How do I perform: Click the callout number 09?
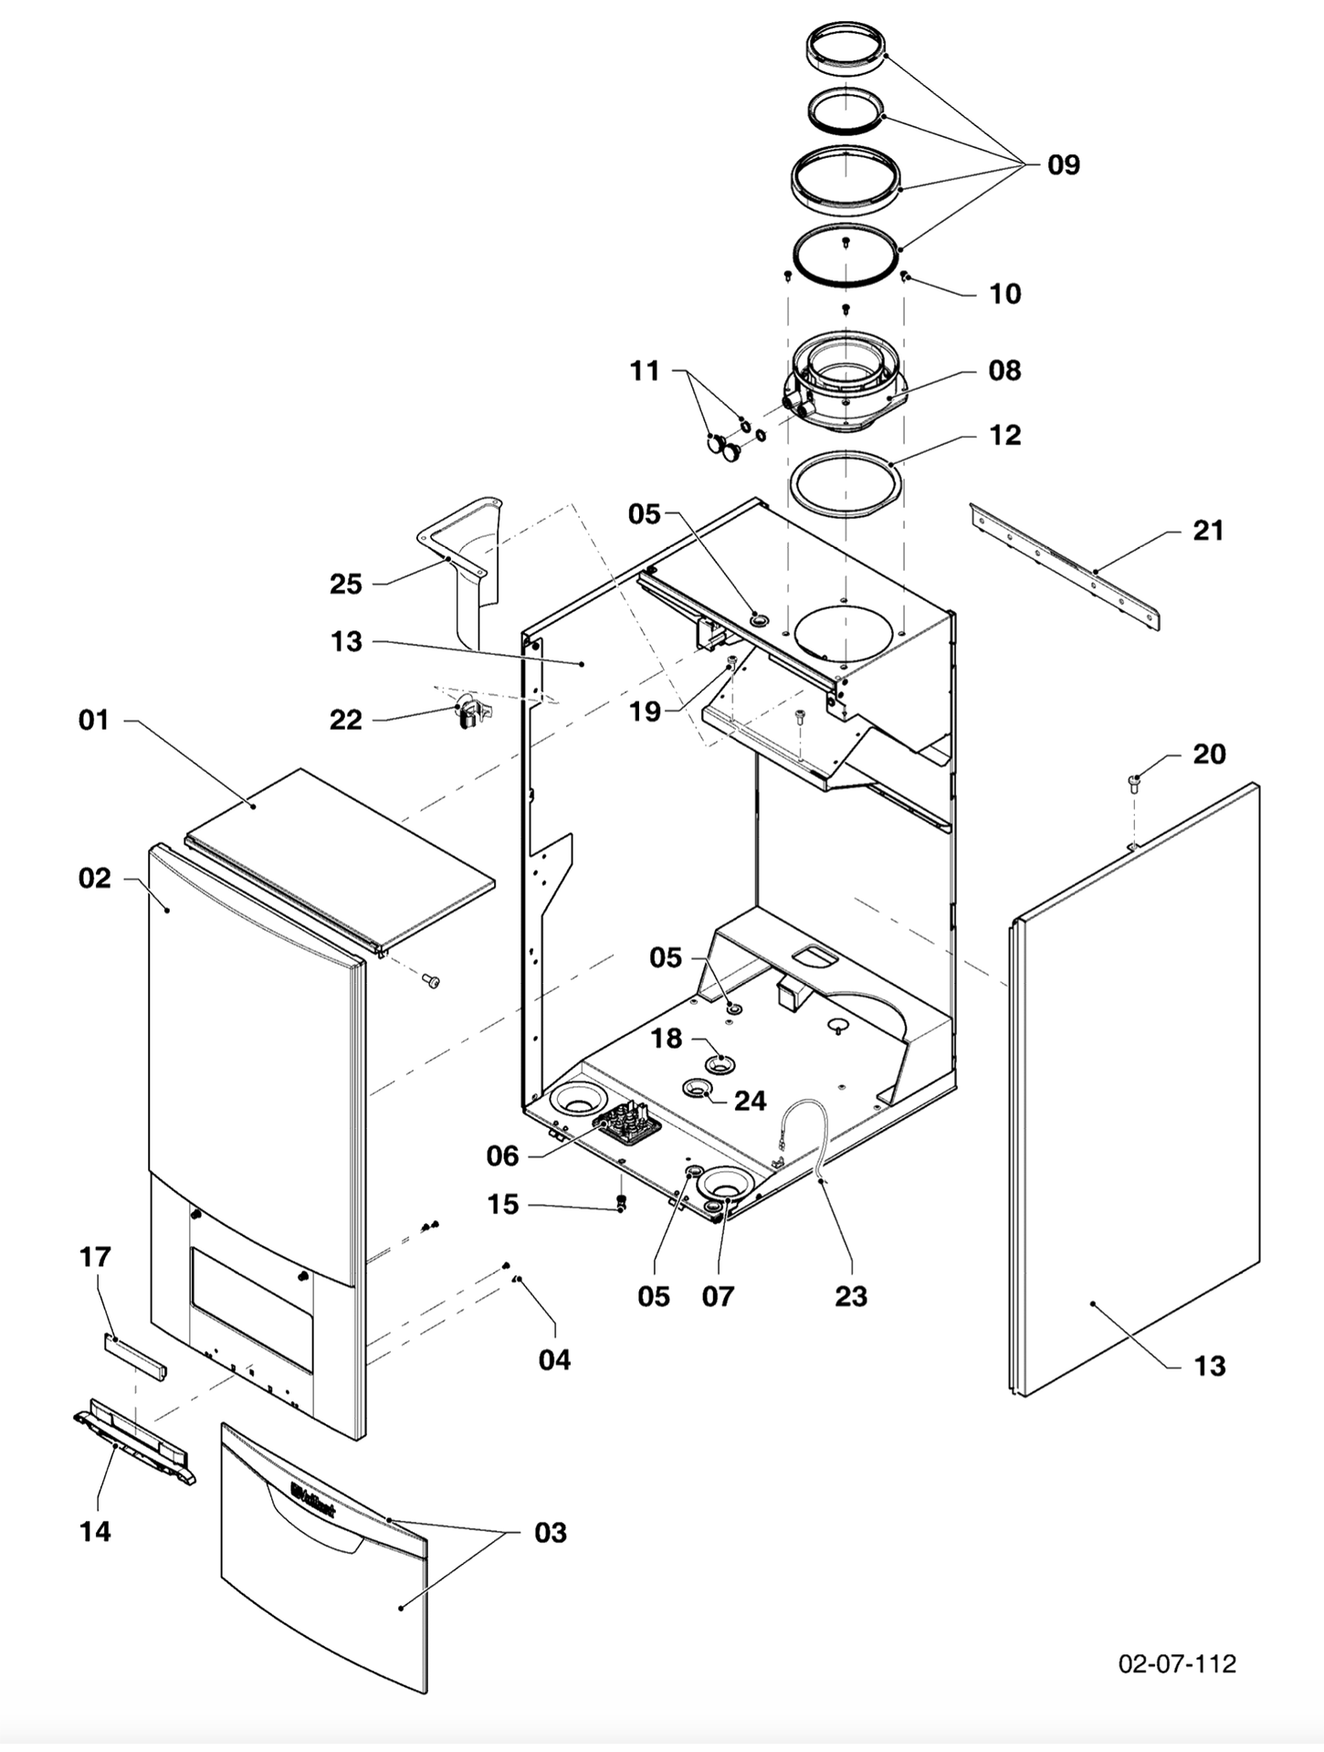1063,165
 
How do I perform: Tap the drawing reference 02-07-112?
1177,1663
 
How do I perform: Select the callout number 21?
1207,530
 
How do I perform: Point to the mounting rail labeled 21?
1065,566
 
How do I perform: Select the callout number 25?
346,584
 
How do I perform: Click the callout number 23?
850,1295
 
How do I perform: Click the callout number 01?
94,720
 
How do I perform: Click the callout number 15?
502,1204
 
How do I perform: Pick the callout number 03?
550,1532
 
